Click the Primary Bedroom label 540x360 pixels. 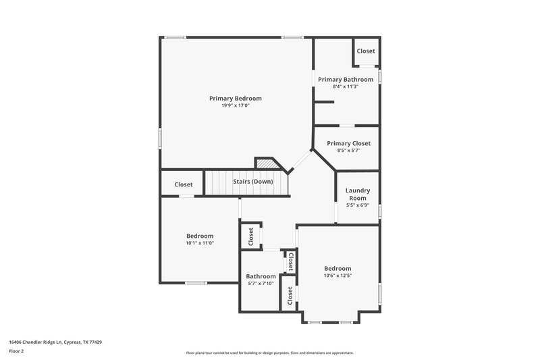[x=235, y=99]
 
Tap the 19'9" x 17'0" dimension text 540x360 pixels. [x=235, y=106]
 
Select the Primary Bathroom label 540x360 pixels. [x=346, y=80]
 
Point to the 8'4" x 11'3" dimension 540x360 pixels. [x=346, y=87]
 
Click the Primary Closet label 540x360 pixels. [x=348, y=143]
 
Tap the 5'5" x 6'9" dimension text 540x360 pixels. [x=358, y=205]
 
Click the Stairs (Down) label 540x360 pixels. [x=253, y=182]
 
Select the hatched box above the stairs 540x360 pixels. [x=266, y=164]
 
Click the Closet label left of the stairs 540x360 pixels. [x=184, y=184]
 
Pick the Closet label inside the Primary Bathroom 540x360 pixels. [x=366, y=51]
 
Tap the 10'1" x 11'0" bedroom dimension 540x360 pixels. [x=200, y=243]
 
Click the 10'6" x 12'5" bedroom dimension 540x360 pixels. [x=337, y=276]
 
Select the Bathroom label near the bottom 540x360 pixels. [x=261, y=276]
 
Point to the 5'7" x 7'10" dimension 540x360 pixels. [x=261, y=284]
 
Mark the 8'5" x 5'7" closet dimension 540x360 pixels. [x=348, y=151]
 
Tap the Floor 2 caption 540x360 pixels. [x=17, y=351]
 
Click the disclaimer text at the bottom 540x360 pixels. [x=270, y=353]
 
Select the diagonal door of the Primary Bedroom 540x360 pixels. [x=300, y=162]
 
